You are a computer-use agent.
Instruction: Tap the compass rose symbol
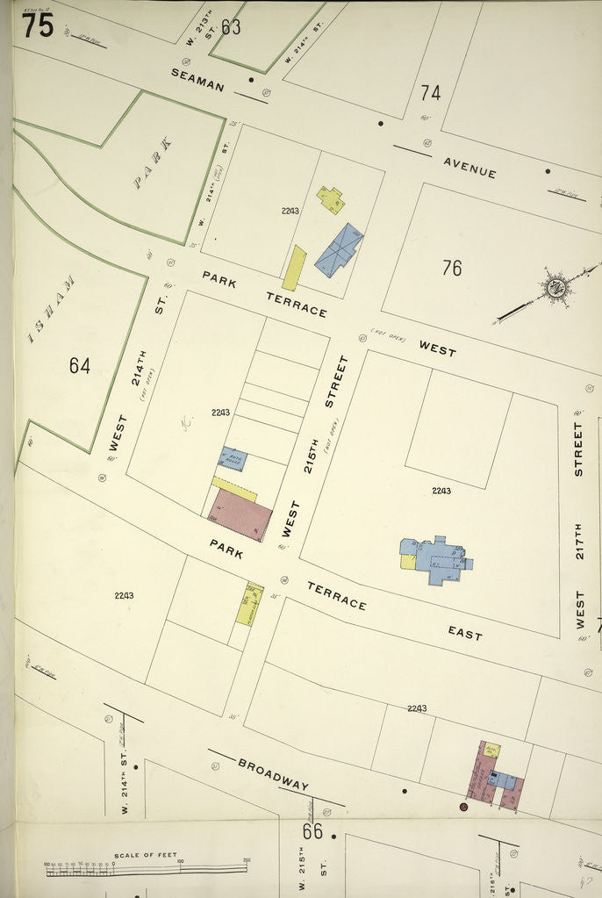point(555,286)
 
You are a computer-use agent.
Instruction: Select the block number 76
point(451,268)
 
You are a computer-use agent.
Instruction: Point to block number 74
point(430,92)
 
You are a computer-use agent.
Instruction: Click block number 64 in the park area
point(79,365)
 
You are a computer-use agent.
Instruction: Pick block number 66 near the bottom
point(312,830)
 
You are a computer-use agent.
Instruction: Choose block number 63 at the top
point(231,27)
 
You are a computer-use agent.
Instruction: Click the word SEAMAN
point(197,80)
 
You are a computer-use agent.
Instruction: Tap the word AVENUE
point(469,168)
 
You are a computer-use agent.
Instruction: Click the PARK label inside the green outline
point(152,163)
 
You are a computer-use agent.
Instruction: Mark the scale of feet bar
point(146,869)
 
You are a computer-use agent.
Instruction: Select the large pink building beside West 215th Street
point(241,514)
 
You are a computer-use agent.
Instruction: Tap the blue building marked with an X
point(339,249)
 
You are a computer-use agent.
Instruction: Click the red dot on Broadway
point(463,806)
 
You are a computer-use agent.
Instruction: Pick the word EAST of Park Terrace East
point(464,633)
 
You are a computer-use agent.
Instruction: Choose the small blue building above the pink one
point(233,459)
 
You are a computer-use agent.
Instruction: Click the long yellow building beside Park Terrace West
point(294,268)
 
